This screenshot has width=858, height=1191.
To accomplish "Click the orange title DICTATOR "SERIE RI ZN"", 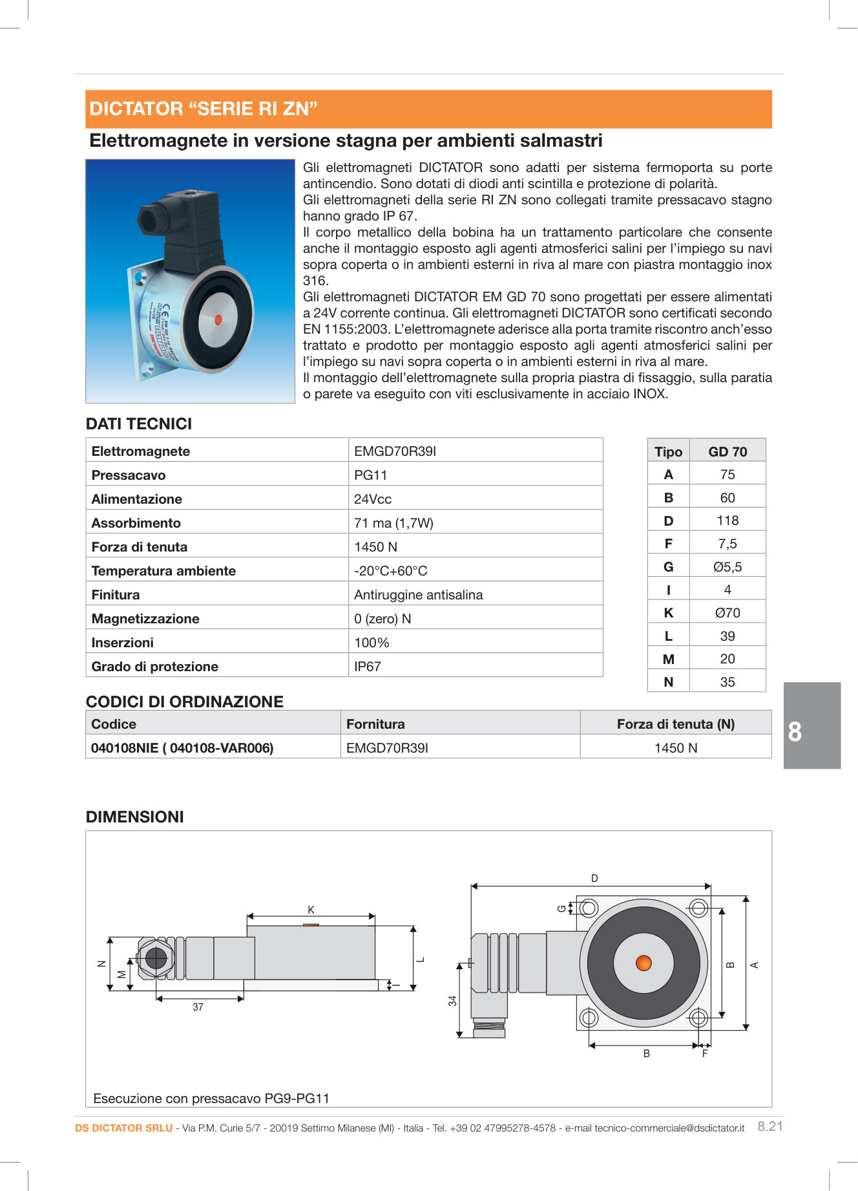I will click(x=204, y=109).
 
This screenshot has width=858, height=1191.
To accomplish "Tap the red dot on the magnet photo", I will click(x=218, y=319).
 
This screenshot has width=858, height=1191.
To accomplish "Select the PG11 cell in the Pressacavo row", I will click(x=370, y=475).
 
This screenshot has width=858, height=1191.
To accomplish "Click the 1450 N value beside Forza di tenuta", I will click(x=375, y=547).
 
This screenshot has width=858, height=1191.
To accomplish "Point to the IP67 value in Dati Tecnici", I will click(x=367, y=667).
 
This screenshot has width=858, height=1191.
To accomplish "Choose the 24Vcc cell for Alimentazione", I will click(x=373, y=499).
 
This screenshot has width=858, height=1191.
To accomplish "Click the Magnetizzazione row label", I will click(x=145, y=619).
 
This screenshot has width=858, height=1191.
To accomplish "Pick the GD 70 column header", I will click(x=727, y=452).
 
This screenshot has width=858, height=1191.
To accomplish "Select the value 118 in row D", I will click(x=727, y=520).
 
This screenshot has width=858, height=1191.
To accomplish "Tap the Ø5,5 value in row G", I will click(x=727, y=567).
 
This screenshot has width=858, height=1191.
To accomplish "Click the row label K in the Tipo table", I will click(x=669, y=613).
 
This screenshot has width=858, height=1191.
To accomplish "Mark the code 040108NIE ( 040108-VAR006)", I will click(x=182, y=748).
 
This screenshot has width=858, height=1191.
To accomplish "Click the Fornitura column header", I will click(x=375, y=724).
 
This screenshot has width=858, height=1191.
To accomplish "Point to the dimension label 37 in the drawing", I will click(x=198, y=1007).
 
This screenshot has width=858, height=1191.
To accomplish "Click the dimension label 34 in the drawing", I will click(x=453, y=1000).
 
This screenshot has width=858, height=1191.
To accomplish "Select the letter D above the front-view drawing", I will click(x=594, y=878).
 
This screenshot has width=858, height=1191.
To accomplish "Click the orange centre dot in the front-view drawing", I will click(x=643, y=963).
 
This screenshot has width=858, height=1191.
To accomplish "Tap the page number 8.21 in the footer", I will click(x=769, y=1126).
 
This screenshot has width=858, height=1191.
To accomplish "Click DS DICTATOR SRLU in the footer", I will click(x=123, y=1128).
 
